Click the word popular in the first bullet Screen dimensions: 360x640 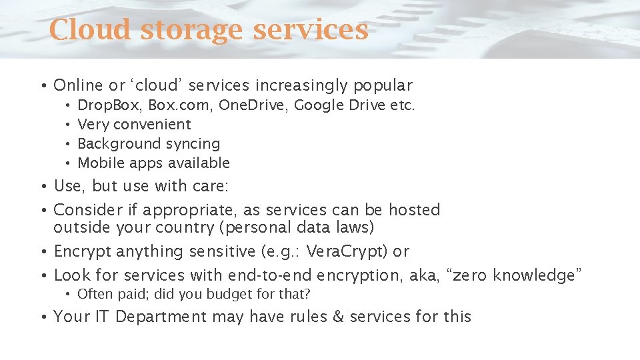pyautogui.click(x=383, y=86)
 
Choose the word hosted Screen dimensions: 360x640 pyautogui.click(x=414, y=210)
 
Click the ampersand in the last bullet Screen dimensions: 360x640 pyautogui.click(x=338, y=317)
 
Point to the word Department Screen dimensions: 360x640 pyautogui.click(x=161, y=317)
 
